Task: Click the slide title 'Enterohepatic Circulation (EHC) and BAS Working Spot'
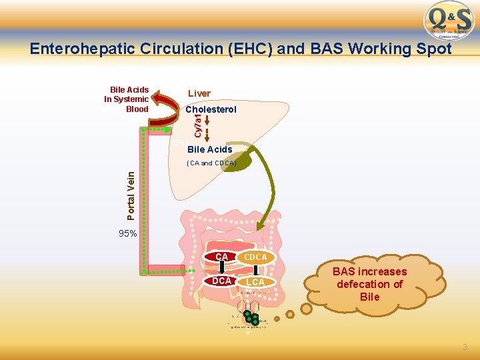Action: (x=241, y=49)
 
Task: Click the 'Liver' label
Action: (x=199, y=94)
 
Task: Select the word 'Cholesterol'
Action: (x=211, y=109)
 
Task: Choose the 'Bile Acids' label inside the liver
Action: (x=209, y=149)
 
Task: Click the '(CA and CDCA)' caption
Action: (x=211, y=163)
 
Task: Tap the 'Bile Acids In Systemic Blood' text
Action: (x=127, y=99)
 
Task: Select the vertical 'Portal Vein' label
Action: (x=131, y=195)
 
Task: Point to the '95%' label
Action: (x=127, y=234)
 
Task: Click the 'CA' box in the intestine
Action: (x=221, y=257)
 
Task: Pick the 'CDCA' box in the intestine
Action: (x=255, y=257)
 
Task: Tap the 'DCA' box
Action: (x=221, y=281)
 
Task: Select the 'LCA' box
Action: (x=255, y=282)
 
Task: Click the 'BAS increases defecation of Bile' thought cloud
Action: (x=371, y=284)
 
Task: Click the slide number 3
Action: (x=465, y=347)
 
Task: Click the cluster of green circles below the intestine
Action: (x=251, y=318)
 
